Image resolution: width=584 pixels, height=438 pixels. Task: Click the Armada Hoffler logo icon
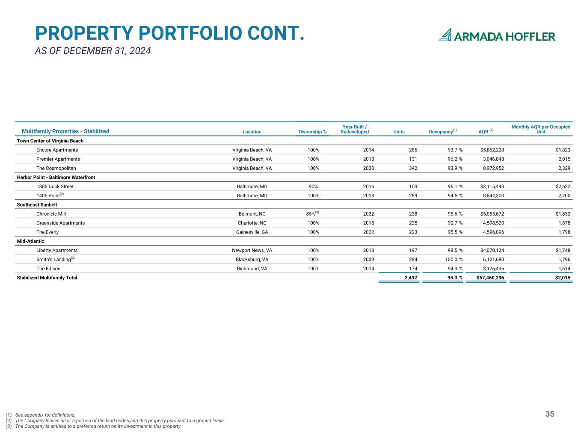pyautogui.click(x=445, y=35)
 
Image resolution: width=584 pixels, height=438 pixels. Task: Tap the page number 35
pyautogui.click(x=550, y=414)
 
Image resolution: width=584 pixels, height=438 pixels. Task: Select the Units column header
pyautogui.click(x=399, y=132)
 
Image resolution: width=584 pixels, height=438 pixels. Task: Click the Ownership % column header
pyautogui.click(x=312, y=132)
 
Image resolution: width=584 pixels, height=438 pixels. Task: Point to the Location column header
pyautogui.click(x=252, y=132)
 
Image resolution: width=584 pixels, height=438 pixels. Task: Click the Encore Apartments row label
pyautogui.click(x=57, y=150)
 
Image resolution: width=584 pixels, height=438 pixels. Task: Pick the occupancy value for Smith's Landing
pyautogui.click(x=454, y=259)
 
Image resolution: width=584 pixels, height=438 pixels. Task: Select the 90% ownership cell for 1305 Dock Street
pyautogui.click(x=313, y=186)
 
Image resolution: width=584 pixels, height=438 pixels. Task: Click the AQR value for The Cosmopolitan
pyautogui.click(x=493, y=168)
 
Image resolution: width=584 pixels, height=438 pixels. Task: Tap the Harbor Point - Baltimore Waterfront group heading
pyautogui.click(x=56, y=178)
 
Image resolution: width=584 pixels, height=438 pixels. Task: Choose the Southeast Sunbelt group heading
pyautogui.click(x=37, y=205)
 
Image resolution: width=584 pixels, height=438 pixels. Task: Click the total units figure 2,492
pyautogui.click(x=411, y=278)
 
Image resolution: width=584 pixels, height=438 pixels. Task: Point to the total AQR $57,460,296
pyautogui.click(x=490, y=278)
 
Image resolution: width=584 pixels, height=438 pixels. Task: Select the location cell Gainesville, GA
pyautogui.click(x=252, y=232)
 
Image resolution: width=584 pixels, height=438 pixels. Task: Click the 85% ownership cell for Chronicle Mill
pyautogui.click(x=312, y=213)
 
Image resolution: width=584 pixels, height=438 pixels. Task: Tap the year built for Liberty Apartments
pyautogui.click(x=368, y=250)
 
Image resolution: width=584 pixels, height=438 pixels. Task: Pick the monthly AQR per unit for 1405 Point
pyautogui.click(x=564, y=195)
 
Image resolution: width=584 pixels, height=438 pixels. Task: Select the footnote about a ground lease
pyautogui.click(x=115, y=420)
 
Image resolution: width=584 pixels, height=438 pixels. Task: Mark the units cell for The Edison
pyautogui.click(x=413, y=269)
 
